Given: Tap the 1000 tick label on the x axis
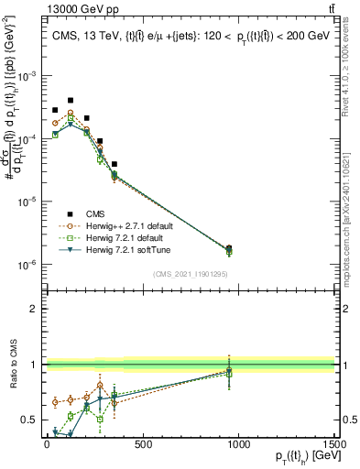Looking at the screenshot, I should coord(239,444).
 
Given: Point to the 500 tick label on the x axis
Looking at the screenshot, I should coord(143,444).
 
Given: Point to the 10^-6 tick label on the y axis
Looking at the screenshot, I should coord(28,265).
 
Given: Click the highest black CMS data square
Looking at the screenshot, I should coord(71,100).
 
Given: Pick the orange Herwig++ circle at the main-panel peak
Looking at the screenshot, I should coord(71,114).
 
